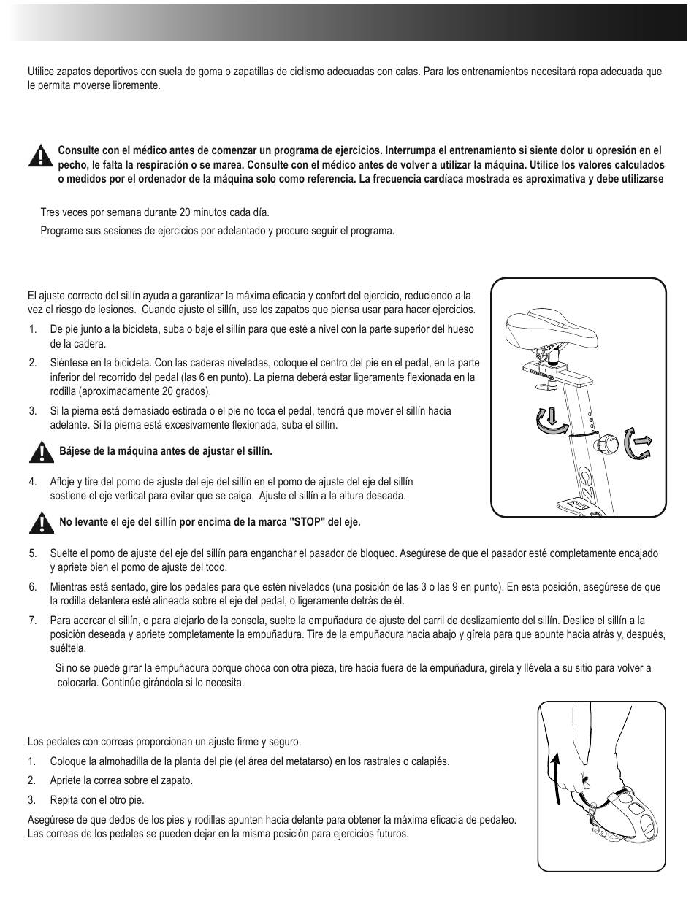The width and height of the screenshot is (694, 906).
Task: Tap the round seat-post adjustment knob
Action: point(609,443)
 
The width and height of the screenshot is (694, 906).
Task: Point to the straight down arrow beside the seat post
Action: point(552,416)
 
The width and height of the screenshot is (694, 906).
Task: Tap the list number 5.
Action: point(32,554)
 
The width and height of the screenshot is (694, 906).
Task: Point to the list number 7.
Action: point(32,621)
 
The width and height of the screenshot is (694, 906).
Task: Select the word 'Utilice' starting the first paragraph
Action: point(42,72)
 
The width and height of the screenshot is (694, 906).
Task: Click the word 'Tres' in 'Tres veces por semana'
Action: point(50,213)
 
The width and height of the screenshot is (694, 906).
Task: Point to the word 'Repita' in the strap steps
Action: point(64,799)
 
